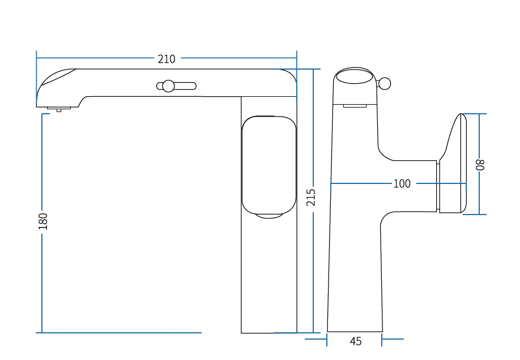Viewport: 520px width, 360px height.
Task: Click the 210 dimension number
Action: tap(166, 59)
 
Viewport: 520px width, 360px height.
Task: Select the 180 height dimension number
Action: tap(43, 221)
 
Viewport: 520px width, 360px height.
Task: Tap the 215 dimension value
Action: tap(311, 197)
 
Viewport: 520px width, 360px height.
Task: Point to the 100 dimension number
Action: tap(402, 183)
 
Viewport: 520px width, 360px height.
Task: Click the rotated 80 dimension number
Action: tap(480, 165)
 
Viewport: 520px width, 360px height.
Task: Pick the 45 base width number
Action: tap(356, 341)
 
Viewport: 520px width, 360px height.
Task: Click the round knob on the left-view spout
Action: tap(168, 86)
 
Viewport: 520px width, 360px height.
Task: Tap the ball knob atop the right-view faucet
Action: tap(385, 84)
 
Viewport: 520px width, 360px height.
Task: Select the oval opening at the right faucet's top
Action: tap(354, 76)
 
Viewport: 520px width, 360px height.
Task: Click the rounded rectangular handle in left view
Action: tap(269, 165)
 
